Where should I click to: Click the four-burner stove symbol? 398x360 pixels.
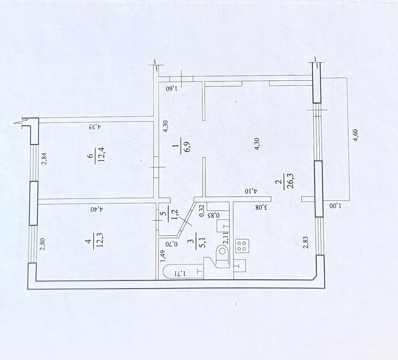(243, 246)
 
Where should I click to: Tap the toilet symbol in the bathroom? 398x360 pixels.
(223, 252)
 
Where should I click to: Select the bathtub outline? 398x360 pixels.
(183, 271)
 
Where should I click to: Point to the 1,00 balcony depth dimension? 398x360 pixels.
(335, 205)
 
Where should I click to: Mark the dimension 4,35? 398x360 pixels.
(95, 126)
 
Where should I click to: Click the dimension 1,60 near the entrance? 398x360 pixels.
(172, 89)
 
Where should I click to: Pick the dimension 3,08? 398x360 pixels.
(262, 207)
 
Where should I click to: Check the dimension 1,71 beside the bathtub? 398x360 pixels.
(180, 273)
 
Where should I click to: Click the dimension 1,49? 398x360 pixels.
(164, 256)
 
